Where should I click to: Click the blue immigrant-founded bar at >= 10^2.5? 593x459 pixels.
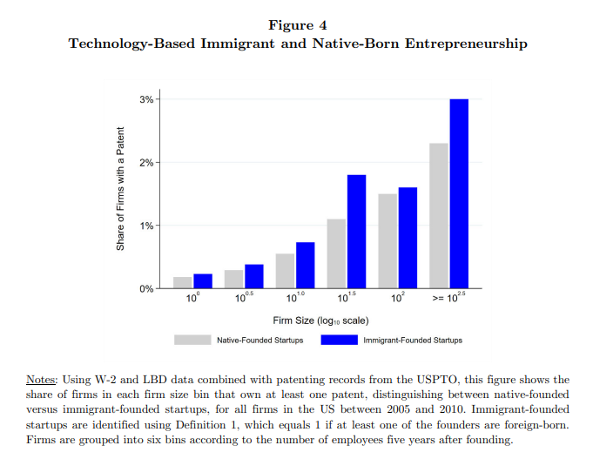pos(459,193)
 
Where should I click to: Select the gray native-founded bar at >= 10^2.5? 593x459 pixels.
pos(439,215)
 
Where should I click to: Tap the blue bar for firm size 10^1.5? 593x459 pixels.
pos(357,231)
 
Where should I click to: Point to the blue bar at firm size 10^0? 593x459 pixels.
pos(202,280)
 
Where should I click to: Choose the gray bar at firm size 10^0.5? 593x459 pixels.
pos(233,279)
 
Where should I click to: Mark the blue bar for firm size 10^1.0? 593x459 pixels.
pos(305,265)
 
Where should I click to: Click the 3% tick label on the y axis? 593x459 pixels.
pos(147,99)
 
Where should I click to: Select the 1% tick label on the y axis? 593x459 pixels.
pos(147,226)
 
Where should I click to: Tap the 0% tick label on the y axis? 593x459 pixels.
pos(147,288)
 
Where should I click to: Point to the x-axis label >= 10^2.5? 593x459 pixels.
pos(448,300)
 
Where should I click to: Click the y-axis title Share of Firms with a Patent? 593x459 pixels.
pos(121,190)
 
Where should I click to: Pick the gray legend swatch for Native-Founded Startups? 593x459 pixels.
pos(192,340)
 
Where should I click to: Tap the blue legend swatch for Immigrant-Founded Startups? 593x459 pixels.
pos(340,340)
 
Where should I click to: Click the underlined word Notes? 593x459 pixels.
pos(41,380)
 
